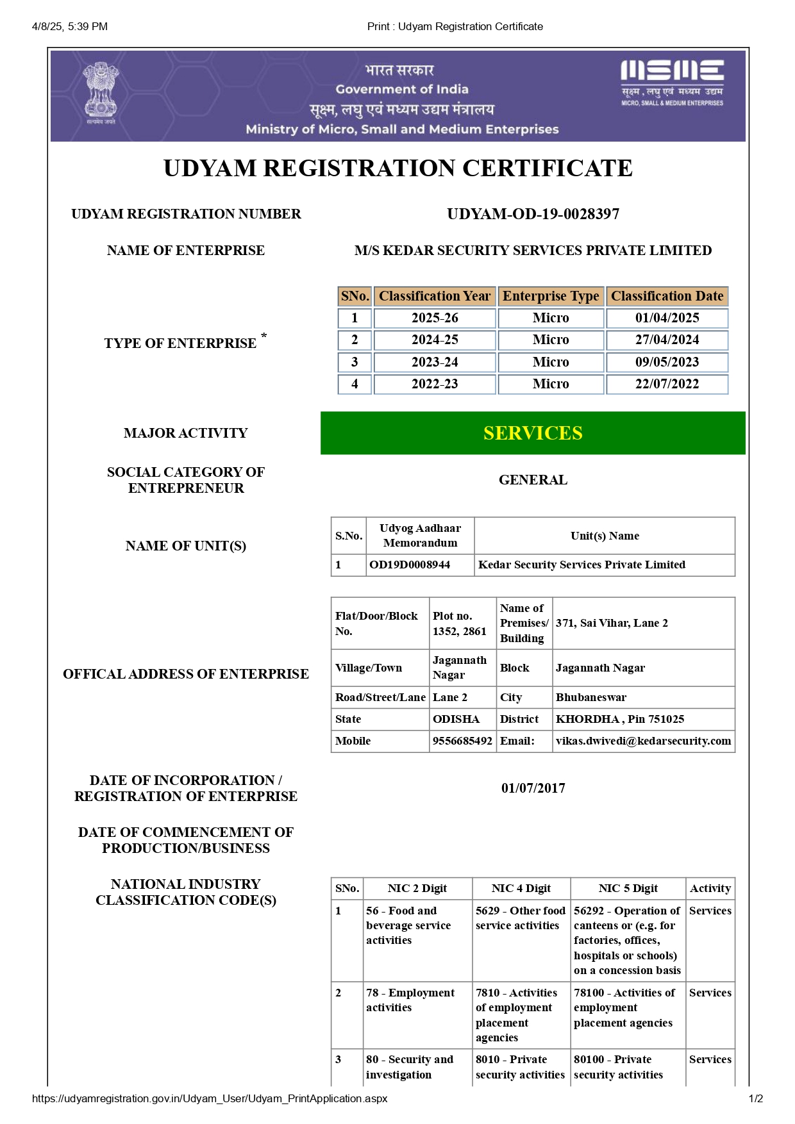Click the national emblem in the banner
click(x=101, y=94)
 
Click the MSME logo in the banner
click(x=672, y=83)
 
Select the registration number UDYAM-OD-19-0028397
click(x=533, y=214)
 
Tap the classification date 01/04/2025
click(x=667, y=318)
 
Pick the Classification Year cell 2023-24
click(x=435, y=362)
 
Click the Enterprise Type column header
click(x=551, y=296)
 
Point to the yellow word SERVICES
click(x=533, y=433)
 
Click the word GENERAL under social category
click(x=533, y=480)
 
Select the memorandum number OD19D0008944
click(x=410, y=565)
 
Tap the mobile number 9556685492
click(x=462, y=741)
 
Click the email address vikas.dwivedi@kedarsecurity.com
click(x=643, y=741)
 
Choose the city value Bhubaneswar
click(x=591, y=697)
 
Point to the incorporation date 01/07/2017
click(x=533, y=788)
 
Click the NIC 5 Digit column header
click(x=628, y=888)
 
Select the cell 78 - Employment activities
click(x=410, y=1000)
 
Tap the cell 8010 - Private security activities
click(x=520, y=1067)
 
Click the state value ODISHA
click(x=456, y=719)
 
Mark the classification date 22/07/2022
click(x=667, y=384)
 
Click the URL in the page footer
click(x=210, y=1098)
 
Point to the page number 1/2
click(x=755, y=1098)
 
